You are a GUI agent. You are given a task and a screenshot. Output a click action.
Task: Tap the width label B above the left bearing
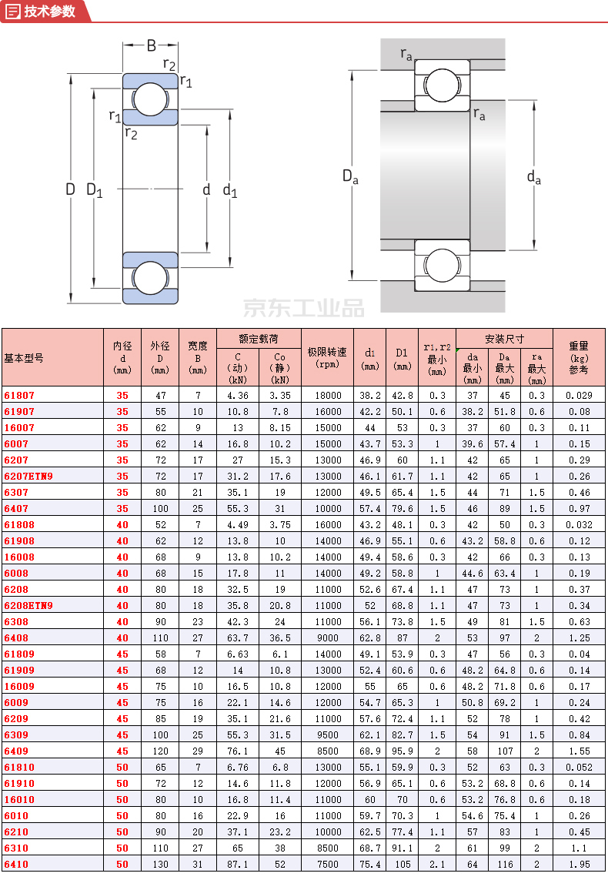click(152, 45)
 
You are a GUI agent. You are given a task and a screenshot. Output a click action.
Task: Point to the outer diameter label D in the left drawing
click(70, 189)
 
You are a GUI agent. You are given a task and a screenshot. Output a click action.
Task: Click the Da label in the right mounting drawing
click(350, 176)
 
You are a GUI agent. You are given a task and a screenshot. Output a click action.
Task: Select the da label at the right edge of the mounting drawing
click(533, 177)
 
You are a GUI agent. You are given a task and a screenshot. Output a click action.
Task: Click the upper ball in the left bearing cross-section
click(150, 98)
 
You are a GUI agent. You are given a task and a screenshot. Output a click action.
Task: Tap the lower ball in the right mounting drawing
click(443, 265)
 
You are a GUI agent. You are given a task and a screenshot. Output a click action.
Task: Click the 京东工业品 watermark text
click(304, 308)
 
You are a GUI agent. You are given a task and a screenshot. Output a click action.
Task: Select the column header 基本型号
click(24, 358)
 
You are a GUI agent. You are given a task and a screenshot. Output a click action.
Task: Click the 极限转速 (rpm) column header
click(327, 357)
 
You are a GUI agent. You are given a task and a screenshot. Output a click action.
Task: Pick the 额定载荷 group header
click(258, 338)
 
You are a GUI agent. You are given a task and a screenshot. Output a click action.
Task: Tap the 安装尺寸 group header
click(504, 338)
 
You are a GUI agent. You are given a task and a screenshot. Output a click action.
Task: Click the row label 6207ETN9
click(28, 476)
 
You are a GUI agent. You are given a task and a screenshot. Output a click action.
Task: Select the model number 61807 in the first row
click(19, 395)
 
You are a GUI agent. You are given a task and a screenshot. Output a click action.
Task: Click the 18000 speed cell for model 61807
click(327, 395)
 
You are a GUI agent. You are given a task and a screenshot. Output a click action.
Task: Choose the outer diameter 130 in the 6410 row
click(159, 864)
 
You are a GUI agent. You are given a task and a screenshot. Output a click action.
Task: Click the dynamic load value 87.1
click(237, 864)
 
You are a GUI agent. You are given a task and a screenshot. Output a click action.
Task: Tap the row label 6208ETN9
click(28, 605)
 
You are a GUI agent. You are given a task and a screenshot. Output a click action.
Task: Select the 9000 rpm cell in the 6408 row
click(327, 637)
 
